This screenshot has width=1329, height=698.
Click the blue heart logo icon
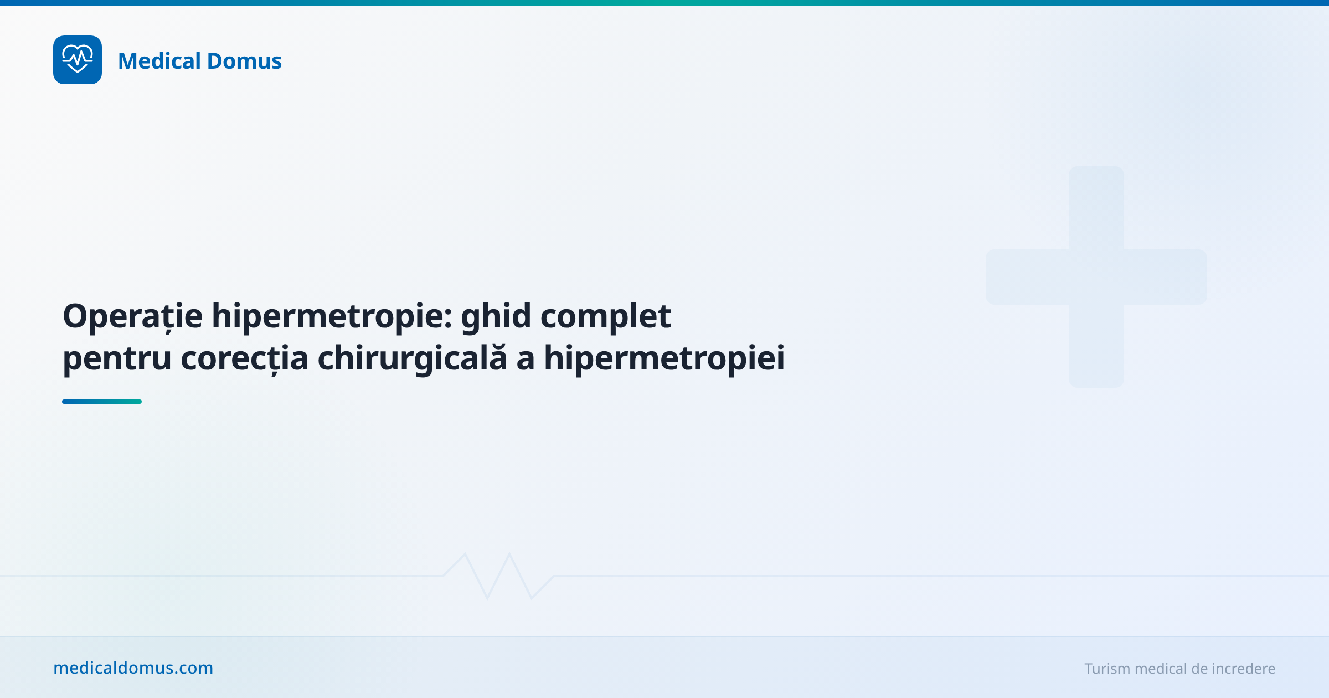tap(78, 60)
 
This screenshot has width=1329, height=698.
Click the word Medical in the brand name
tap(159, 61)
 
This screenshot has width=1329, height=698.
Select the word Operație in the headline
tap(133, 317)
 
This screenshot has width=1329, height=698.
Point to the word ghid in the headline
tap(496, 317)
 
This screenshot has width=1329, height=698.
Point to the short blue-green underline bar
tap(102, 402)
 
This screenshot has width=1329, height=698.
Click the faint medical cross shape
tap(1096, 276)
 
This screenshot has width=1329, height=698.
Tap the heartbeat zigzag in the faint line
tap(498, 576)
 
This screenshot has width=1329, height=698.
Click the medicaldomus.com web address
tap(133, 668)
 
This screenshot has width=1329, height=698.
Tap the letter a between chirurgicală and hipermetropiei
tap(525, 360)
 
